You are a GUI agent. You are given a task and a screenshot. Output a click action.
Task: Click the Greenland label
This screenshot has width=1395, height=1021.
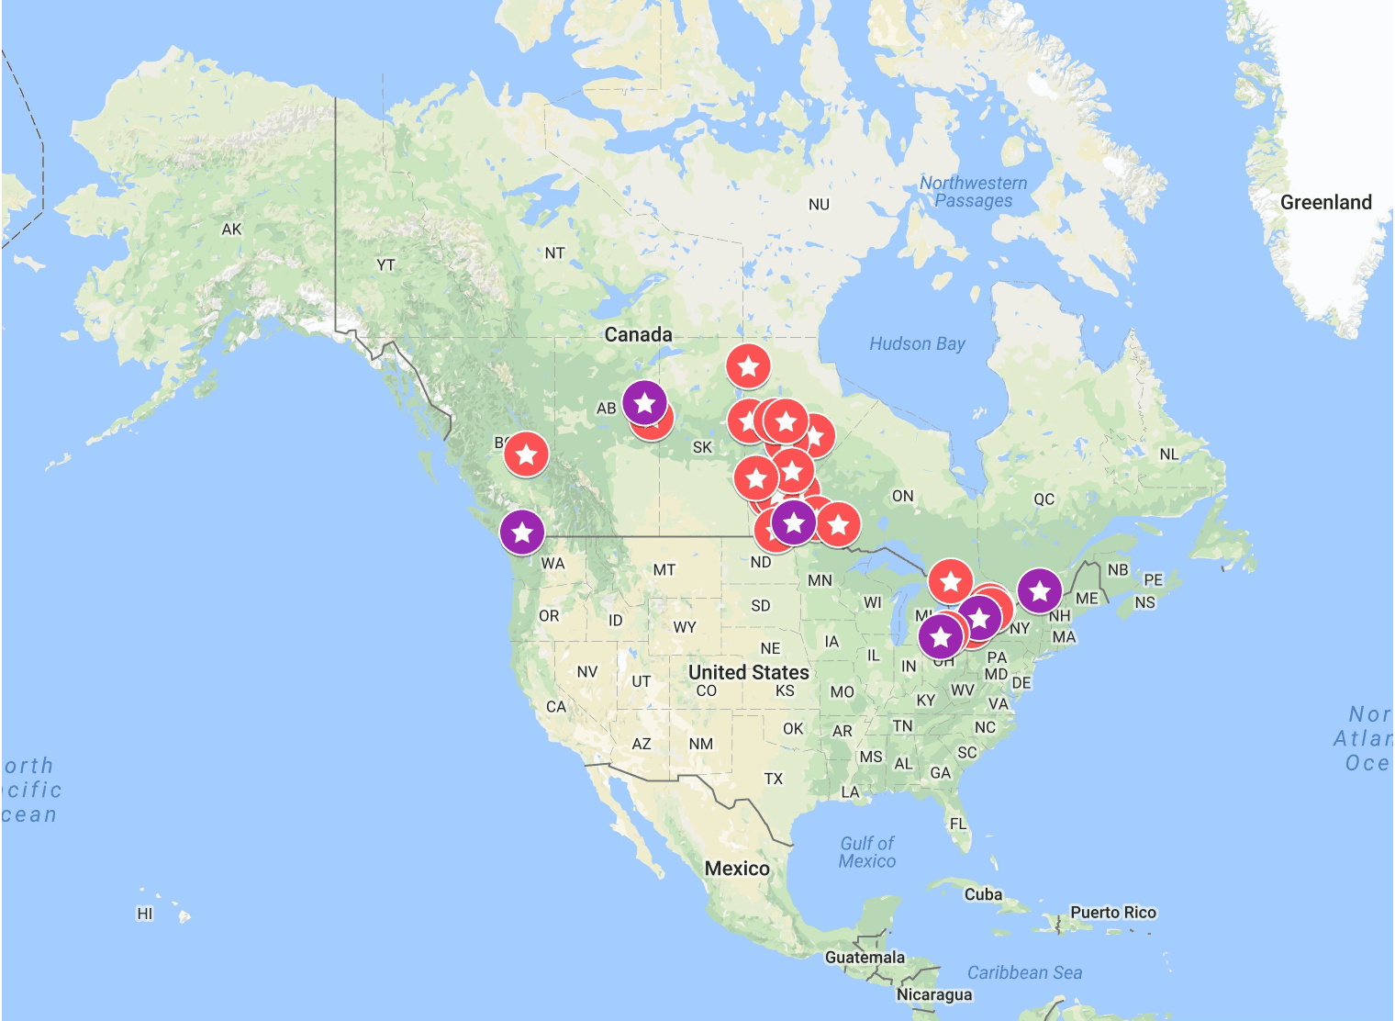[1325, 202]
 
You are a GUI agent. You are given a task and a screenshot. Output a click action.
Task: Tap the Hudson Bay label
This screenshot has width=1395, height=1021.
[917, 343]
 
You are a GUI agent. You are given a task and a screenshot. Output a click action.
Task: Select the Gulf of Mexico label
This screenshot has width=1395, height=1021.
[866, 852]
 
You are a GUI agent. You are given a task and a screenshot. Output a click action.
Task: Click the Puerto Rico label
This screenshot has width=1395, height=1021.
[1112, 912]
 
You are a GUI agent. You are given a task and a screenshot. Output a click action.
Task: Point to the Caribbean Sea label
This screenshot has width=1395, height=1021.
[1024, 972]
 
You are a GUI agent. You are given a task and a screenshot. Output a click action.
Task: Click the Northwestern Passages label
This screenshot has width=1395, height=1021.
[973, 192]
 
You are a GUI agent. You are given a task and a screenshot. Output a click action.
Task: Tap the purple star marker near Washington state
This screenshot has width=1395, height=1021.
[522, 532]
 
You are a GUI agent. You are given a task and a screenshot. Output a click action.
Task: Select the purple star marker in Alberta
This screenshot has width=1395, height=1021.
[644, 402]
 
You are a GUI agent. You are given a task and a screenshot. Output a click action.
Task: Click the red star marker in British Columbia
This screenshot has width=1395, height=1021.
[526, 454]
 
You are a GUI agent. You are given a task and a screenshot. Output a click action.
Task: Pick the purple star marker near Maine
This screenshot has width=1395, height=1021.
[1039, 590]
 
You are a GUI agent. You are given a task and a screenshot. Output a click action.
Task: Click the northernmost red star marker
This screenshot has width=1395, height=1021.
[748, 366]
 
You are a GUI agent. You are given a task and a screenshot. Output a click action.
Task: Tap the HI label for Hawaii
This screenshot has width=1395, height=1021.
[145, 914]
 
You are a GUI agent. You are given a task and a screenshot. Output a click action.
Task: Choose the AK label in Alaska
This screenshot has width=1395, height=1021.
[231, 229]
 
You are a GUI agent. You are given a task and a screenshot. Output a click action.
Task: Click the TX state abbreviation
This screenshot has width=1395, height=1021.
[774, 779]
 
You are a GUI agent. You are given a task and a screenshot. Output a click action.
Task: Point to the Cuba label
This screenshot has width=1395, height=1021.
[983, 893]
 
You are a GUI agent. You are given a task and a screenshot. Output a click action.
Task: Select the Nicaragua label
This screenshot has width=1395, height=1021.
[933, 994]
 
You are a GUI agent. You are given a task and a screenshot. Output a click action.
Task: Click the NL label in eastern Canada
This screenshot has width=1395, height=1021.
[1168, 454]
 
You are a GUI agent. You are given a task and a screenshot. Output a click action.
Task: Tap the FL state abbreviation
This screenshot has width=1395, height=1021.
[958, 824]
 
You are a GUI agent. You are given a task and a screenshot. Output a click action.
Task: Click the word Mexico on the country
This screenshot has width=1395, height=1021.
[737, 868]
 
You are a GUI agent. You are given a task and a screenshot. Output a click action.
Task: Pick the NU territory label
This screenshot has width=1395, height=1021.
[819, 205]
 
